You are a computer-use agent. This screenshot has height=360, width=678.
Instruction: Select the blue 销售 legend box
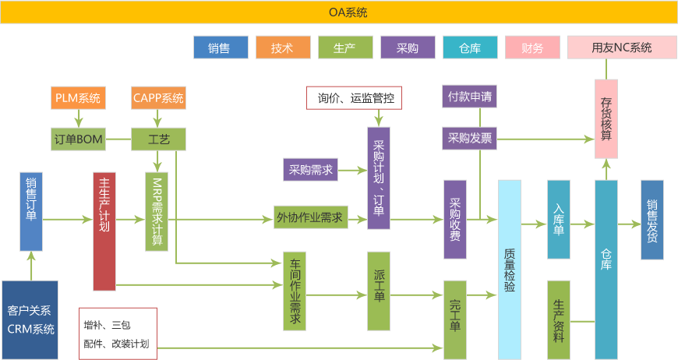[220, 48]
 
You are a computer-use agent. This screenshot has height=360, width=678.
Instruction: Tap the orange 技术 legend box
[282, 48]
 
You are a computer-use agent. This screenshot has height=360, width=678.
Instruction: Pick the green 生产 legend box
[344, 48]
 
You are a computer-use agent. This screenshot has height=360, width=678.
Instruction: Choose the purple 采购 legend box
[408, 48]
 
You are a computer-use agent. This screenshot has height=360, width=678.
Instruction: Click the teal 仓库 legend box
[470, 48]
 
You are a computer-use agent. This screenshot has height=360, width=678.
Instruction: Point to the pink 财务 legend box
[532, 48]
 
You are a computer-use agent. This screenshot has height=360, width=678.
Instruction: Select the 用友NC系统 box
[621, 48]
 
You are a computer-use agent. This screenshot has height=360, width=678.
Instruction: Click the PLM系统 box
[78, 98]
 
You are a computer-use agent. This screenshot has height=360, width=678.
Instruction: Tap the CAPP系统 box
[158, 98]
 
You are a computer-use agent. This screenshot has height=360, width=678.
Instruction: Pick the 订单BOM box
[78, 139]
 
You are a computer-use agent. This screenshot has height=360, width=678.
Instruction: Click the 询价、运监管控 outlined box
[355, 98]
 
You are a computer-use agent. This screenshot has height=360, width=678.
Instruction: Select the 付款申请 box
[469, 97]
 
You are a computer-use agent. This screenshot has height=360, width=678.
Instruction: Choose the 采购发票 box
[469, 139]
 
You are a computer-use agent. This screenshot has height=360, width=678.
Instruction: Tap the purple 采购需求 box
[310, 169]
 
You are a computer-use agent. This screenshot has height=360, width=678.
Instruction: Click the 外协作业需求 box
[309, 217]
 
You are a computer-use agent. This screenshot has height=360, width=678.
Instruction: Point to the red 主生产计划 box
[104, 231]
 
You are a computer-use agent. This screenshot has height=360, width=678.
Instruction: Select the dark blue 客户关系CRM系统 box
[30, 319]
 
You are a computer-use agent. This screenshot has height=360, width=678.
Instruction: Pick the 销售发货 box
[652, 219]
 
